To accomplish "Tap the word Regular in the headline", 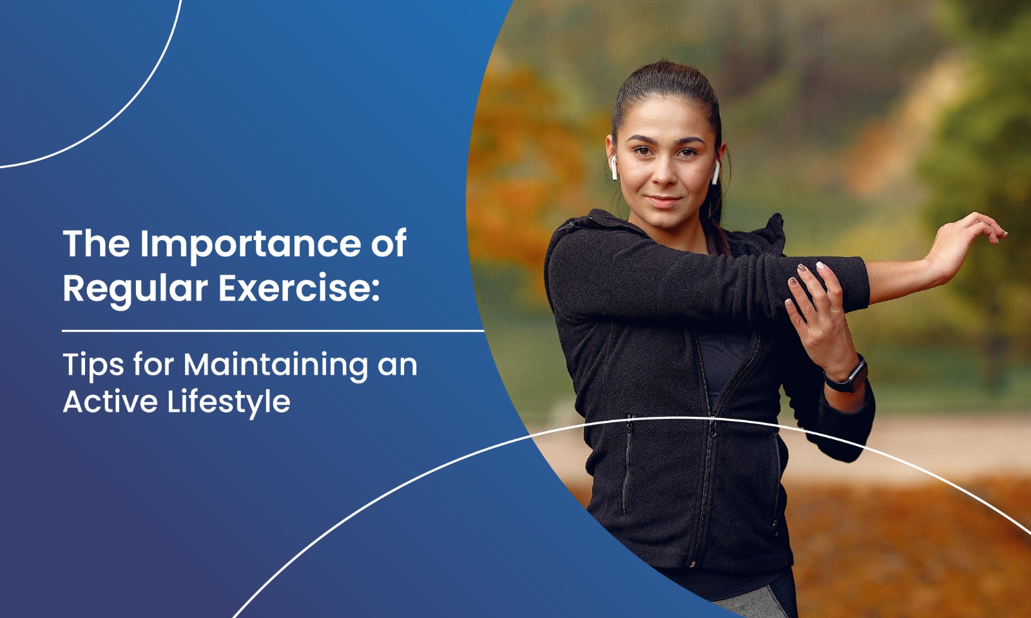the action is (x=135, y=291).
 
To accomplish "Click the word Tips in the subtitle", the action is (x=93, y=367).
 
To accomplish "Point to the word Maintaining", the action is (x=276, y=367).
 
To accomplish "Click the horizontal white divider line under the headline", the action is (x=273, y=331).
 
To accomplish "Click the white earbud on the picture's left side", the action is (x=614, y=168).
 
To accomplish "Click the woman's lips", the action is (x=664, y=202).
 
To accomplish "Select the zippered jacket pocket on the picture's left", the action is (x=627, y=465).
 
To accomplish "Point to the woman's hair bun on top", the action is (x=668, y=78).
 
